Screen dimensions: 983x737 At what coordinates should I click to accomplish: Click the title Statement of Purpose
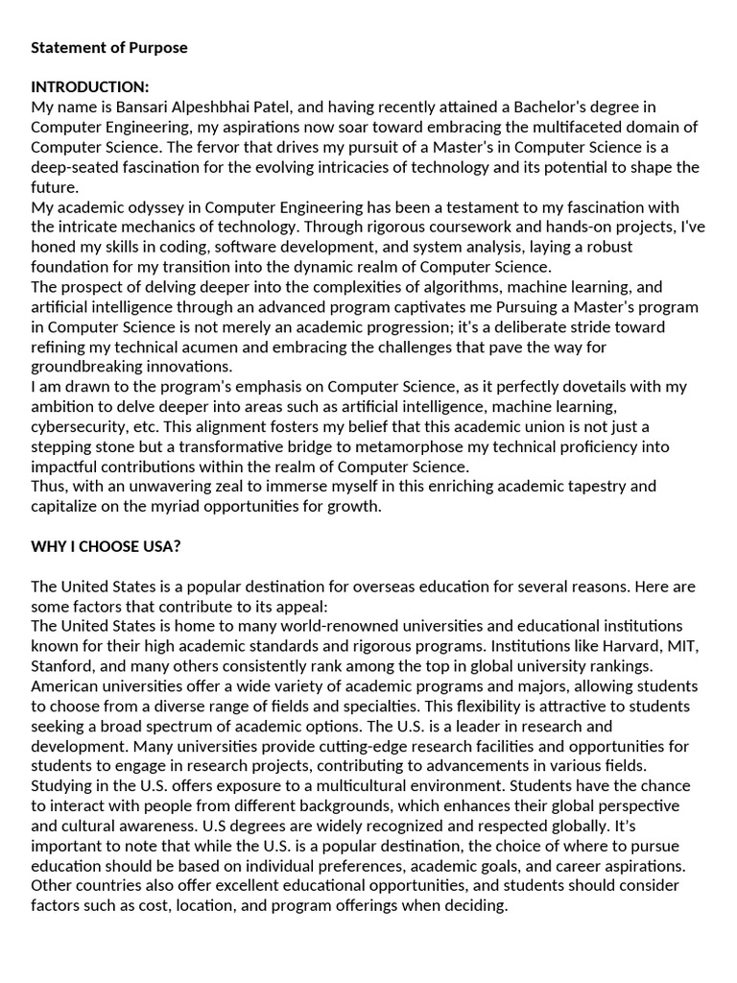109,47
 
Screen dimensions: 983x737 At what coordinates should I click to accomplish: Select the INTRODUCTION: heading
90,87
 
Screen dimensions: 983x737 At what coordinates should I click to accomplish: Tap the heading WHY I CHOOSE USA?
106,546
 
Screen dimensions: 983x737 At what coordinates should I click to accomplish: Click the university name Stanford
61,665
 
